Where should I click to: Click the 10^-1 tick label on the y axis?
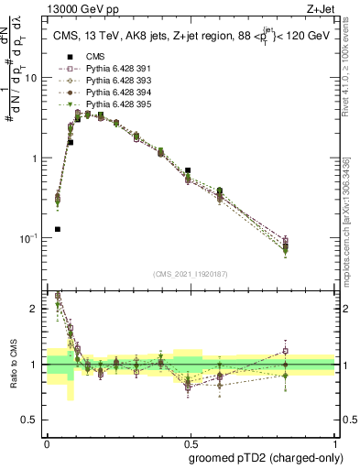28,238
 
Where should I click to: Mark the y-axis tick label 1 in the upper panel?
35,158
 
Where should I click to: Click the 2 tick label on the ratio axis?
35,309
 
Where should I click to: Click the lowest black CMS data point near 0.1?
57,229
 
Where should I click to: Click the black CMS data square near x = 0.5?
188,170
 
